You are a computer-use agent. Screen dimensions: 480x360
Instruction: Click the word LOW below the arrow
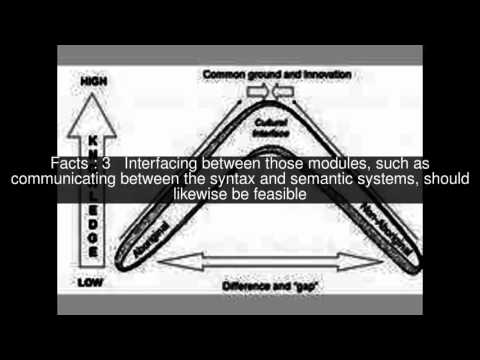tap(90, 284)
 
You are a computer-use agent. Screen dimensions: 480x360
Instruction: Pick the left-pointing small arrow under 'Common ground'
tap(281, 92)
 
